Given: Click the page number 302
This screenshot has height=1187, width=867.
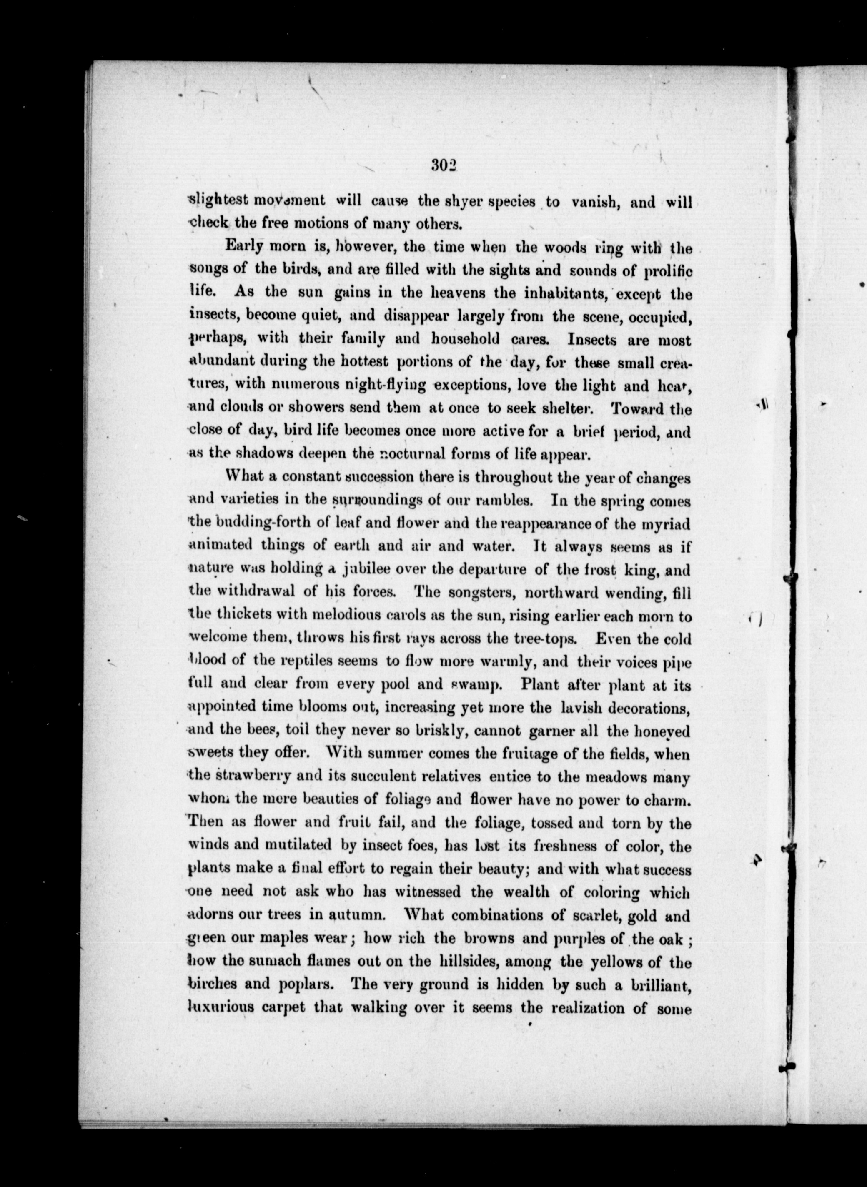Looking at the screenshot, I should click(x=444, y=166).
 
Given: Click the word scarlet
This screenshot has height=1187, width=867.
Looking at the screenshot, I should click(x=573, y=915).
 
